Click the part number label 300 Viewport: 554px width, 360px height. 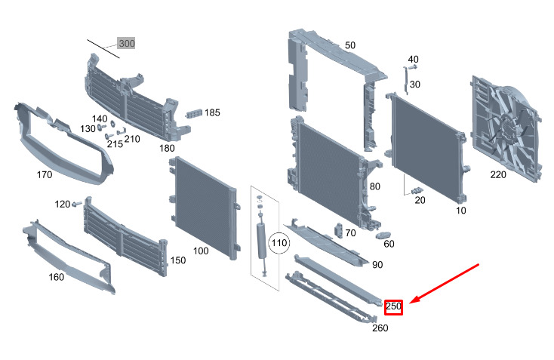(127, 44)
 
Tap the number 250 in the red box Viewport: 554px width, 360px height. (393, 306)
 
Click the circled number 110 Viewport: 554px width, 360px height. (279, 243)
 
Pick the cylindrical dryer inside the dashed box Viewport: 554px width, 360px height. (262, 240)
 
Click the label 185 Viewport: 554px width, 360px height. (212, 112)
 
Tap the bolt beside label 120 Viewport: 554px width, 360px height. (76, 204)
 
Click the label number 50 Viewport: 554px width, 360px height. (349, 45)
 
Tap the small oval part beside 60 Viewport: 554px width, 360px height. (383, 235)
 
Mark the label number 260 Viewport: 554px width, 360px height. (380, 328)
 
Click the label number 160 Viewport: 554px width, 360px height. (57, 276)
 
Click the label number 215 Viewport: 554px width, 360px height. (115, 143)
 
